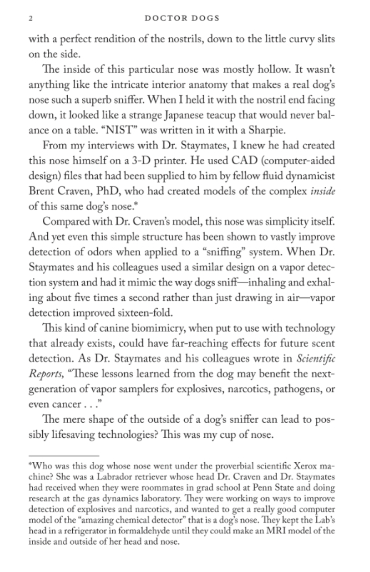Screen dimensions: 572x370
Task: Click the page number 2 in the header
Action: point(30,18)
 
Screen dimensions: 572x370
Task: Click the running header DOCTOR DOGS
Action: point(182,18)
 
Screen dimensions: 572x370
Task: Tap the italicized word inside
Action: point(322,191)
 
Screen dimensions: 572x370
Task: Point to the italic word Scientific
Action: point(316,359)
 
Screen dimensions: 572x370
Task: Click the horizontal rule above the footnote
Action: point(64,455)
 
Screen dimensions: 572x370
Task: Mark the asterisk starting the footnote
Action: point(30,465)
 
